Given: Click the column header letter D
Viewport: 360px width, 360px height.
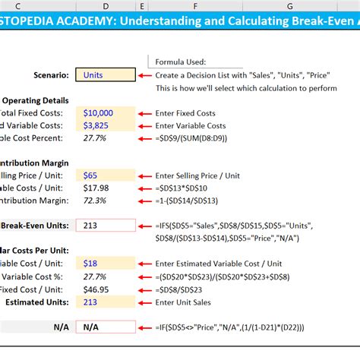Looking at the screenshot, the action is tap(106, 7).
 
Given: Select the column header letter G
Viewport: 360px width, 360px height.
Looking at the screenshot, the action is tap(289, 7).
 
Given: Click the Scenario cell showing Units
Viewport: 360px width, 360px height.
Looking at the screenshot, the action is tap(106, 74).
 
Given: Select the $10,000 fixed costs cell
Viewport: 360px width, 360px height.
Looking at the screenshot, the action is tap(106, 112).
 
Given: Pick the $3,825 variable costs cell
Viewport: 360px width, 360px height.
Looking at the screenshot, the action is tap(106, 125).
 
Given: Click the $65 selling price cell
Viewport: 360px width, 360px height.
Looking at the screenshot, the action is tap(106, 175).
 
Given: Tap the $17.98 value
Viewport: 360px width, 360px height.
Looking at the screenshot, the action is tap(106, 188).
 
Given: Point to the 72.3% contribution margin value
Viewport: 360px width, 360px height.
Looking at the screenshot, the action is tap(106, 201).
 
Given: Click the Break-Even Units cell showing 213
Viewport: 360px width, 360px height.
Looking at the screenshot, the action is tap(106, 226).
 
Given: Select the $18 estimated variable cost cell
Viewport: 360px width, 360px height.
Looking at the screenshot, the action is tap(106, 264).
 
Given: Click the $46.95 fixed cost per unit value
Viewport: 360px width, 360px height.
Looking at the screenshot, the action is tap(106, 289).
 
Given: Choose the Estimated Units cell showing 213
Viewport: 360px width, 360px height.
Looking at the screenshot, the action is tap(106, 302).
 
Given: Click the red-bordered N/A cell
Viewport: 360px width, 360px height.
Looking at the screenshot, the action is tap(106, 327).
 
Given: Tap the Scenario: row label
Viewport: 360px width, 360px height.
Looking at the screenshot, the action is tap(47, 74).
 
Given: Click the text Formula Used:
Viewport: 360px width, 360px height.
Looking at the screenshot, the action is tap(180, 62).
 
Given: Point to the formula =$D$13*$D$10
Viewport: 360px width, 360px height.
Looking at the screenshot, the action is tap(185, 188).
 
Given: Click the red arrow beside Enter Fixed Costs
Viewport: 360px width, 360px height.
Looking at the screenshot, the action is tap(145, 112).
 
